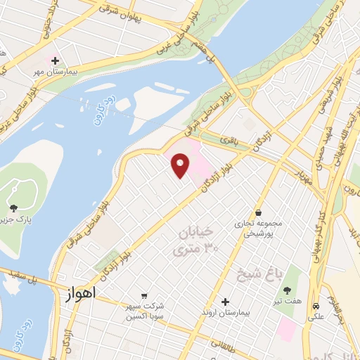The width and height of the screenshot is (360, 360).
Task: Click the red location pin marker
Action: tap(181, 166)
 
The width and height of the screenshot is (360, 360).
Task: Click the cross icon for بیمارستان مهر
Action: tap(55, 62)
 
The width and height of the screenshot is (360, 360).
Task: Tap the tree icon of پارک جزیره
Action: tap(13, 207)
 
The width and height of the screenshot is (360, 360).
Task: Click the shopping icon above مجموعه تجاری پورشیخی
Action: tap(259, 212)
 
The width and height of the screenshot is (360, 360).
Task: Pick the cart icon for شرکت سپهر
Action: tap(144, 295)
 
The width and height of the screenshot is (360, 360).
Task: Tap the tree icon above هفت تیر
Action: tap(286, 290)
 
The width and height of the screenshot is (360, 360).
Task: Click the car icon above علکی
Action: tap(318, 307)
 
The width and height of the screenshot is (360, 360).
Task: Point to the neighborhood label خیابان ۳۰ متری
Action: tap(193, 240)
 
